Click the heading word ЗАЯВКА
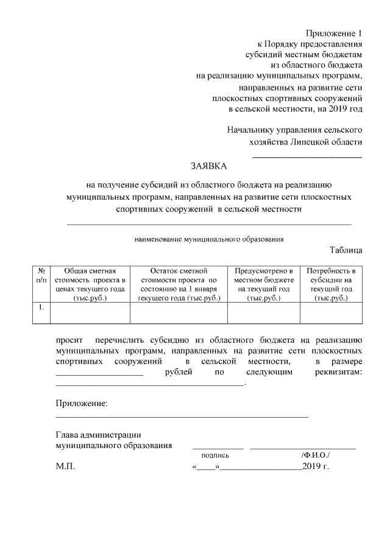pos(208,166)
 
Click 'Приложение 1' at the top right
pos(334,33)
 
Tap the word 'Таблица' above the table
pos(347,250)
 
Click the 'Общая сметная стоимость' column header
pos(90,284)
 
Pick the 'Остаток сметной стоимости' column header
pos(179,284)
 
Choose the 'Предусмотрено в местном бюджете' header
pos(263,284)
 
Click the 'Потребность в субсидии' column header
pos(331,284)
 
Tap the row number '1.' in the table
pos(40,307)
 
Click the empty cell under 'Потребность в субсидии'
pos(331,312)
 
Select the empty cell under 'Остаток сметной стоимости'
pos(179,312)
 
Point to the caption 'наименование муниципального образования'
pos(209,239)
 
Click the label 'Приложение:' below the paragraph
pos(82,404)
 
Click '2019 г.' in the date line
pos(316,467)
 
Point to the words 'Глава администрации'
pos(98,435)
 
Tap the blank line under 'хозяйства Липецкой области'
pos(307,158)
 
